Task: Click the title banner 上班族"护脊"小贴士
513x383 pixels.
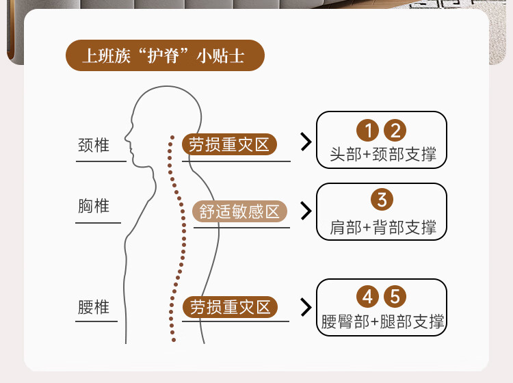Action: [164, 56]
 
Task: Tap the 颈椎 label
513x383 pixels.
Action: [94, 146]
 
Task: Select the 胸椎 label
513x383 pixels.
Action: [94, 205]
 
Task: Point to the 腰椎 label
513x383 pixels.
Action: [94, 307]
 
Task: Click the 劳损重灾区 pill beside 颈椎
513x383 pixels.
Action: [229, 144]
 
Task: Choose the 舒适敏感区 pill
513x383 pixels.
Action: [240, 211]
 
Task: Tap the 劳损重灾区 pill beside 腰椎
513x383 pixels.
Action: [229, 307]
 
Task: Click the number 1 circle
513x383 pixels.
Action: [368, 130]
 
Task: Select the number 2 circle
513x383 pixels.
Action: [395, 130]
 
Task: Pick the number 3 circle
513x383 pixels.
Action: [382, 200]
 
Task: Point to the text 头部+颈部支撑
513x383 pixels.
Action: [382, 154]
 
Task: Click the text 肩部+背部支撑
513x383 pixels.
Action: [382, 226]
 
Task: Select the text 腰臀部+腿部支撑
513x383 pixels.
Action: [382, 321]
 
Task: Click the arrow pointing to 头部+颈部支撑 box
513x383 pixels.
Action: [306, 142]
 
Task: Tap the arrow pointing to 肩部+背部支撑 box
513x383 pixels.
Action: [306, 211]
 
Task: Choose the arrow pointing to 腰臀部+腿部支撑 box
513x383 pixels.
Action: [306, 307]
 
